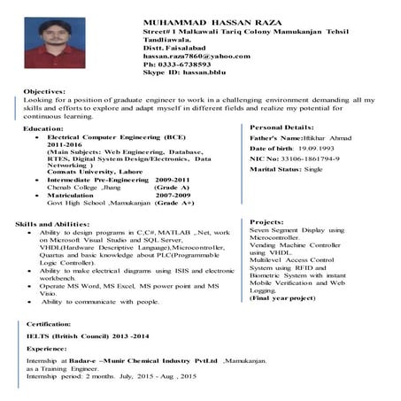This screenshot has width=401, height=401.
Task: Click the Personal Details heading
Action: coord(281,127)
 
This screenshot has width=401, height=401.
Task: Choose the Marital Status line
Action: coord(286,168)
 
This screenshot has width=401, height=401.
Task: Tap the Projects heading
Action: coord(266,221)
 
